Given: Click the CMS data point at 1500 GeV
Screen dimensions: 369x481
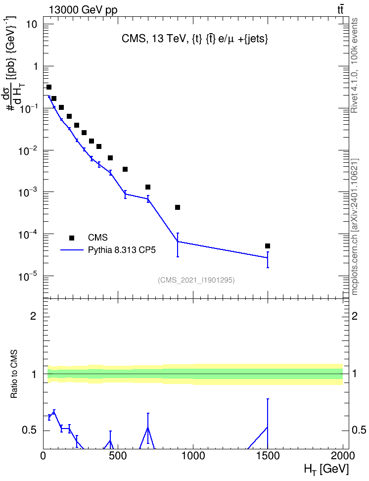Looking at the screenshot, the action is (x=268, y=246).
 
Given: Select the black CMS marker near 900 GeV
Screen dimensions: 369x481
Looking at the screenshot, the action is (x=177, y=207).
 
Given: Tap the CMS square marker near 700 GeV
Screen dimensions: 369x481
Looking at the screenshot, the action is (x=147, y=187).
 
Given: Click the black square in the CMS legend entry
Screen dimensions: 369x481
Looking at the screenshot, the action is (x=72, y=238).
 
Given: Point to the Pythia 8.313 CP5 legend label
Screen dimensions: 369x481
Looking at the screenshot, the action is (x=122, y=250).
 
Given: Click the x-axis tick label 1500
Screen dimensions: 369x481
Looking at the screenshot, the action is (x=268, y=456).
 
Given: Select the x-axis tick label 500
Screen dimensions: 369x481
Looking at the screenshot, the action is (x=118, y=456).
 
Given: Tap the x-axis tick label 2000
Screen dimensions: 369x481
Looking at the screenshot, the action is (x=342, y=456).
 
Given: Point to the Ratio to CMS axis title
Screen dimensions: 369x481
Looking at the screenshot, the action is (x=14, y=374).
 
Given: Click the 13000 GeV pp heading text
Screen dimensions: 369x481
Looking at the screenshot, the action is (x=83, y=10).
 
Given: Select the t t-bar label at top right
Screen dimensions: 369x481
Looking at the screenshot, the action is (x=340, y=9).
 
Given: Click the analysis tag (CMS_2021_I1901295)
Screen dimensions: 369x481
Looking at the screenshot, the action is (x=196, y=280).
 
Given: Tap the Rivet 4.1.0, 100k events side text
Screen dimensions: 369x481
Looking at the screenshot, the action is (x=354, y=66).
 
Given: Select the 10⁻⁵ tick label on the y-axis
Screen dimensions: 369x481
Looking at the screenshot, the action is (x=27, y=276).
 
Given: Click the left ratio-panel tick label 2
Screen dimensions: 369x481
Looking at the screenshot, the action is (x=33, y=316).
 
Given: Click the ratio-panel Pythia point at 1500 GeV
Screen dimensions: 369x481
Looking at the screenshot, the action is (x=268, y=428).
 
